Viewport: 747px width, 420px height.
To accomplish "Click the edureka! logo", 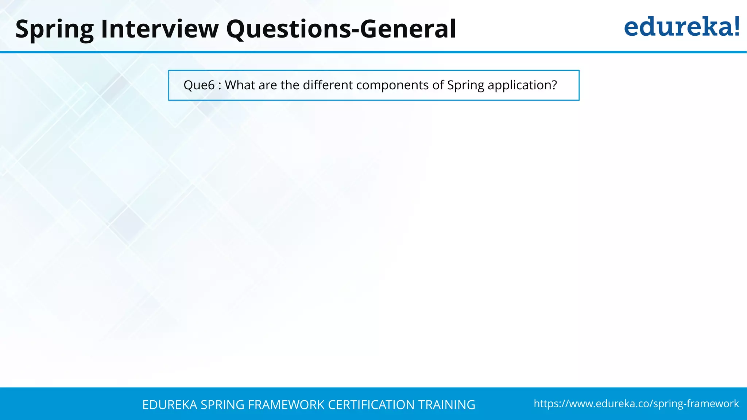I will tap(681, 27).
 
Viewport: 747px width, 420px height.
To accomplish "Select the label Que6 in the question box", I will tap(199, 85).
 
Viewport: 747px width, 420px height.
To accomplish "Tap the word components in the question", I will tap(392, 85).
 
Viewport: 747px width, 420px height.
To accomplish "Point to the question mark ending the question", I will tap(554, 85).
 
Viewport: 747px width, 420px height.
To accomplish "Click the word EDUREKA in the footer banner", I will tap(170, 405).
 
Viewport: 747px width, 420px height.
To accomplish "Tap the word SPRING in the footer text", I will tap(222, 405).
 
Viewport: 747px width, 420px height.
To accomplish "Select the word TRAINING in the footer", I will tap(446, 405).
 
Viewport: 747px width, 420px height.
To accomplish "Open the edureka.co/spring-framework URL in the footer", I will tap(636, 404).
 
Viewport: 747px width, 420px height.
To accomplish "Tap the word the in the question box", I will tap(290, 85).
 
